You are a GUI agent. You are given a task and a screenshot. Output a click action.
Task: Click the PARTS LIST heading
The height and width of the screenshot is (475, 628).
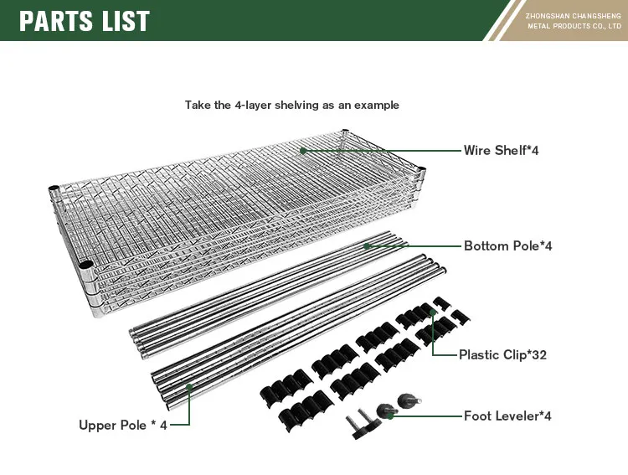click(x=85, y=20)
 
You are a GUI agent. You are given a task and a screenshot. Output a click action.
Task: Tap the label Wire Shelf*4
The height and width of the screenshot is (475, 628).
click(x=501, y=151)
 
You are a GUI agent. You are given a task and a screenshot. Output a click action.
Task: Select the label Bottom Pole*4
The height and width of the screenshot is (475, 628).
click(x=507, y=246)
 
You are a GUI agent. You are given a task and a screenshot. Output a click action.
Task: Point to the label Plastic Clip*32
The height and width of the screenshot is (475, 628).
click(x=502, y=355)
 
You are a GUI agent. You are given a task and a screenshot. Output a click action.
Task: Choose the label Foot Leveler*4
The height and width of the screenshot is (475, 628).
click(x=507, y=416)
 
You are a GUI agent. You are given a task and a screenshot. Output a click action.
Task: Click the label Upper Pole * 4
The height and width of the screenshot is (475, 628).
click(x=123, y=425)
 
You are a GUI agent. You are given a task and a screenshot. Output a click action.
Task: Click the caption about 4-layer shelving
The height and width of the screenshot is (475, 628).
click(x=291, y=106)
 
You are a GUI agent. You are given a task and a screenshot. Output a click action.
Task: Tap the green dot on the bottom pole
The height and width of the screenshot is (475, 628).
click(x=368, y=245)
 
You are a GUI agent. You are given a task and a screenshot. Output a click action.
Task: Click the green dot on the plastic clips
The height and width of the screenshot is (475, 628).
click(x=433, y=313)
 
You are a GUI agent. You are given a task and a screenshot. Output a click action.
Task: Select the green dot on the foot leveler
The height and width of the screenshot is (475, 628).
click(x=391, y=416)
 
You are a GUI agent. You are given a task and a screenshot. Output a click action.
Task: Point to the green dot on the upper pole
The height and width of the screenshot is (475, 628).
click(x=190, y=386)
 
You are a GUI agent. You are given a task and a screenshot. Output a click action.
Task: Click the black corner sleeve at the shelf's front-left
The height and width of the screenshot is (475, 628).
click(x=86, y=266)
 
